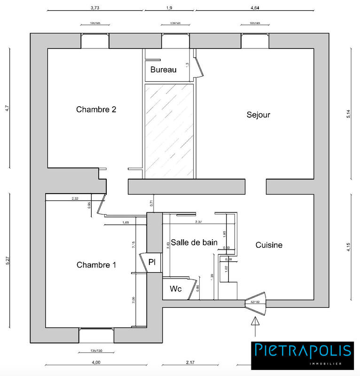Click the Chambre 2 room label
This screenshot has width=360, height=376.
96,110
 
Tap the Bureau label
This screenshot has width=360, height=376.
163,70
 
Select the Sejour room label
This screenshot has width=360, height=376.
258,115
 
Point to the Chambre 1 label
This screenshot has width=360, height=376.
96,265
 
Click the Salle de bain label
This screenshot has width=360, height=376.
194,243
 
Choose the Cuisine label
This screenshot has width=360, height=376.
269,245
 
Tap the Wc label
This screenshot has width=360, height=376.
176,289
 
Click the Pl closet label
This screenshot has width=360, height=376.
152,262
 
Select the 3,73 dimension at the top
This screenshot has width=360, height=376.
94,8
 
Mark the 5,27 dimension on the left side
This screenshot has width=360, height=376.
7,263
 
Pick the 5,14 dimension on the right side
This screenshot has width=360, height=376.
348,114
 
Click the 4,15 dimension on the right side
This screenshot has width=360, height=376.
348,247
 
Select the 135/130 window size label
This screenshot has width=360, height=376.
96,351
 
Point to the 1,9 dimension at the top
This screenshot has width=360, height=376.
169,8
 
